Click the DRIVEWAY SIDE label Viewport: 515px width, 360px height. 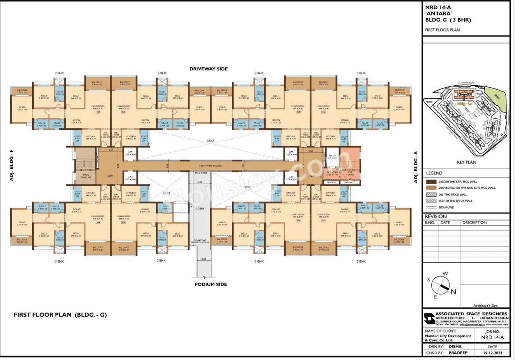click(x=208, y=69)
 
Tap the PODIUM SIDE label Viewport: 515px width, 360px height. click(x=210, y=284)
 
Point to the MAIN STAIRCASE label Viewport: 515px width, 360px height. click(x=86, y=176)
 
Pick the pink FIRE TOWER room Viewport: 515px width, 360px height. click(x=349, y=160)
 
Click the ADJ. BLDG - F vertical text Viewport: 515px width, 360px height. click(x=12, y=165)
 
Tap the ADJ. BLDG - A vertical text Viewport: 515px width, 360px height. click(x=416, y=167)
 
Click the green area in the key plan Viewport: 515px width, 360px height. click(x=499, y=97)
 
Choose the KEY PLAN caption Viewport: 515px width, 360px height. click(x=466, y=163)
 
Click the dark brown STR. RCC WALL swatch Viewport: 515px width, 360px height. click(x=431, y=181)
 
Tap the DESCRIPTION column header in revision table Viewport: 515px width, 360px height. click(x=474, y=222)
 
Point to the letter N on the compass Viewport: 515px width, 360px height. click(x=453, y=292)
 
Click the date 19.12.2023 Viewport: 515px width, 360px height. click(x=492, y=353)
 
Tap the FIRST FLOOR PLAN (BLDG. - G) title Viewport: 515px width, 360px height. click(x=60, y=315)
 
